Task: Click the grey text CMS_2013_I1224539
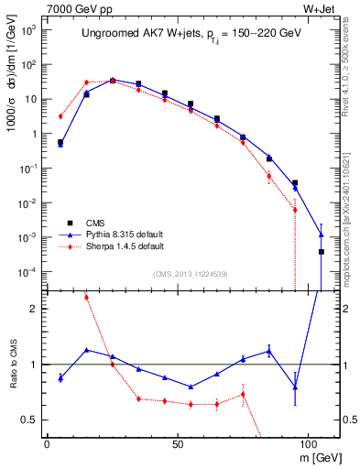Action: (x=191, y=274)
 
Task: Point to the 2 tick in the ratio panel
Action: (x=33, y=310)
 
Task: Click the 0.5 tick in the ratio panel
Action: (x=29, y=420)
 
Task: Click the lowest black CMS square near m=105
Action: (x=322, y=251)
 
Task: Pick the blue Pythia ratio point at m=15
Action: (x=86, y=349)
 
